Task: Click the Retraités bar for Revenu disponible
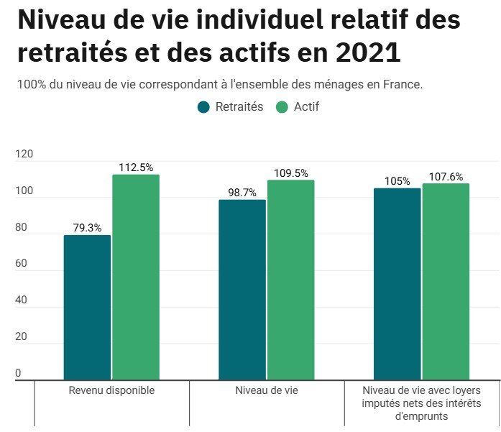(87, 307)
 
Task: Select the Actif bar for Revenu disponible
(135, 277)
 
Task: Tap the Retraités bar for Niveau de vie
(242, 289)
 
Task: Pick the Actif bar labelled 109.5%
(290, 280)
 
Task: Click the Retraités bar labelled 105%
(397, 283)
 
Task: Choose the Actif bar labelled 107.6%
(446, 281)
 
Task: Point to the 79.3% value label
(87, 228)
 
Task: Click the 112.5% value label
(136, 167)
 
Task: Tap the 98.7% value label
(242, 193)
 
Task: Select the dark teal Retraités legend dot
(203, 107)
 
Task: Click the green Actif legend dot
(282, 107)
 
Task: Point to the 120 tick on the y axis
(24, 154)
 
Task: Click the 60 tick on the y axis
(22, 264)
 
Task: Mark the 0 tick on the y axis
(18, 373)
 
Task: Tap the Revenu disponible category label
(111, 390)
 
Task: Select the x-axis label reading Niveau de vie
(267, 390)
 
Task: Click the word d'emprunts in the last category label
(421, 415)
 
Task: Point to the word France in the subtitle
(403, 84)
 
